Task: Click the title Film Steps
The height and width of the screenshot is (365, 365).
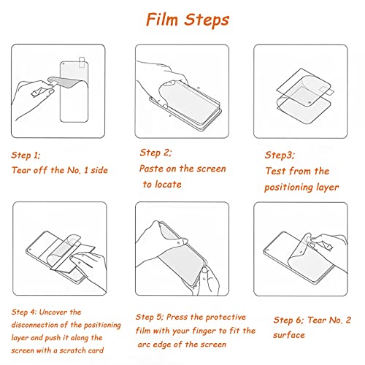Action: [x=188, y=20]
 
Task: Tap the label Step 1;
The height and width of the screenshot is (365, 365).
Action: [x=26, y=155]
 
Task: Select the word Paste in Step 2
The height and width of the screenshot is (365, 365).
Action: [x=151, y=169]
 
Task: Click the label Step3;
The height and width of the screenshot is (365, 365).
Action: [x=280, y=155]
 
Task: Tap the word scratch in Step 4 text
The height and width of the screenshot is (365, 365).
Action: [x=72, y=350]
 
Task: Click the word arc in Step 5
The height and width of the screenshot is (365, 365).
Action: [x=144, y=345]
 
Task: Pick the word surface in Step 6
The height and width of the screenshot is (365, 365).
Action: [x=289, y=335]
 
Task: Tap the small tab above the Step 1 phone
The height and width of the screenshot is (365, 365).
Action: [x=82, y=62]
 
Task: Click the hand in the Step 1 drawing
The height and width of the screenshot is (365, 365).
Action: [x=34, y=97]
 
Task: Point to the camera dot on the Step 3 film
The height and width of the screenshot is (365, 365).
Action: [x=310, y=103]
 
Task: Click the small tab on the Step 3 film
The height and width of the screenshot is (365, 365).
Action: [x=326, y=91]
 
